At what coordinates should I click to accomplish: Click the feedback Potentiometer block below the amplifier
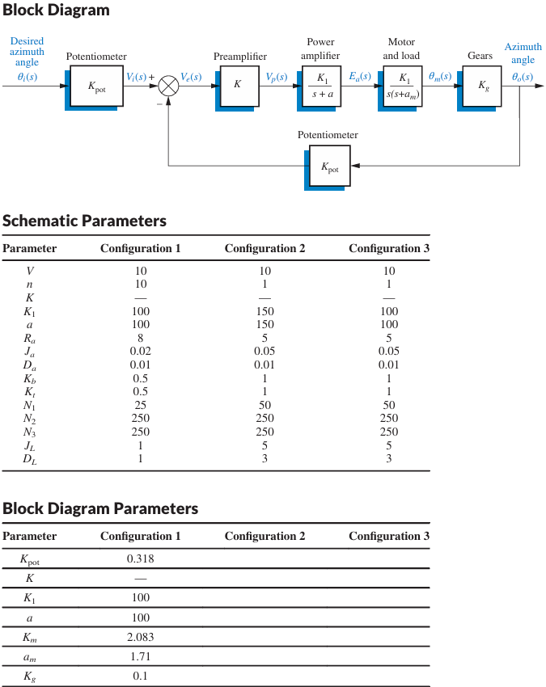[330, 166]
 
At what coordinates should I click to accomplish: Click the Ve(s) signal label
[191, 77]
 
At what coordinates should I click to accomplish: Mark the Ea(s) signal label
[360, 77]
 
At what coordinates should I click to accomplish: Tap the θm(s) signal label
[441, 77]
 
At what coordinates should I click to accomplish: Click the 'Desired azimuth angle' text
[28, 52]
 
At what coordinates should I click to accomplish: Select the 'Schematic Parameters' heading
[84, 221]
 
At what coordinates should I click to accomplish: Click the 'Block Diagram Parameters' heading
[100, 508]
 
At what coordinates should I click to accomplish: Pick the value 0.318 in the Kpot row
[140, 558]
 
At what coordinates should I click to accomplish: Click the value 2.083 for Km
[140, 637]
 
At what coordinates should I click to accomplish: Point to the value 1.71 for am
[140, 656]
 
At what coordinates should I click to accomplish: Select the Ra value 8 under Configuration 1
[140, 339]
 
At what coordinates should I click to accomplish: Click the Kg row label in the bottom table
[30, 676]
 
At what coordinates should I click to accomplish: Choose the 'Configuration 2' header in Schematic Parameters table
[265, 248]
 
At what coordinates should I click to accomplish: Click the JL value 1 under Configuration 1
[140, 445]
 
